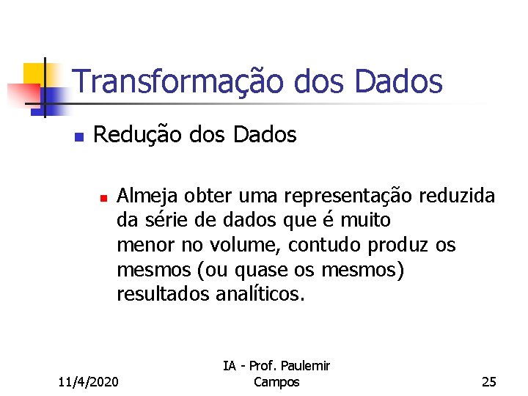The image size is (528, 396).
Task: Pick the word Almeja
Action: click(148, 197)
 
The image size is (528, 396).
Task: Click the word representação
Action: click(348, 197)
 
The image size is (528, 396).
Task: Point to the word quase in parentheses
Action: click(265, 270)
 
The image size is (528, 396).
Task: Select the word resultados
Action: click(164, 295)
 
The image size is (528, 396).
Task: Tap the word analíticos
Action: click(260, 295)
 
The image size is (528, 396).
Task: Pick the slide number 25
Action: click(488, 381)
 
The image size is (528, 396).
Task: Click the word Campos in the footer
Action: click(276, 381)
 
